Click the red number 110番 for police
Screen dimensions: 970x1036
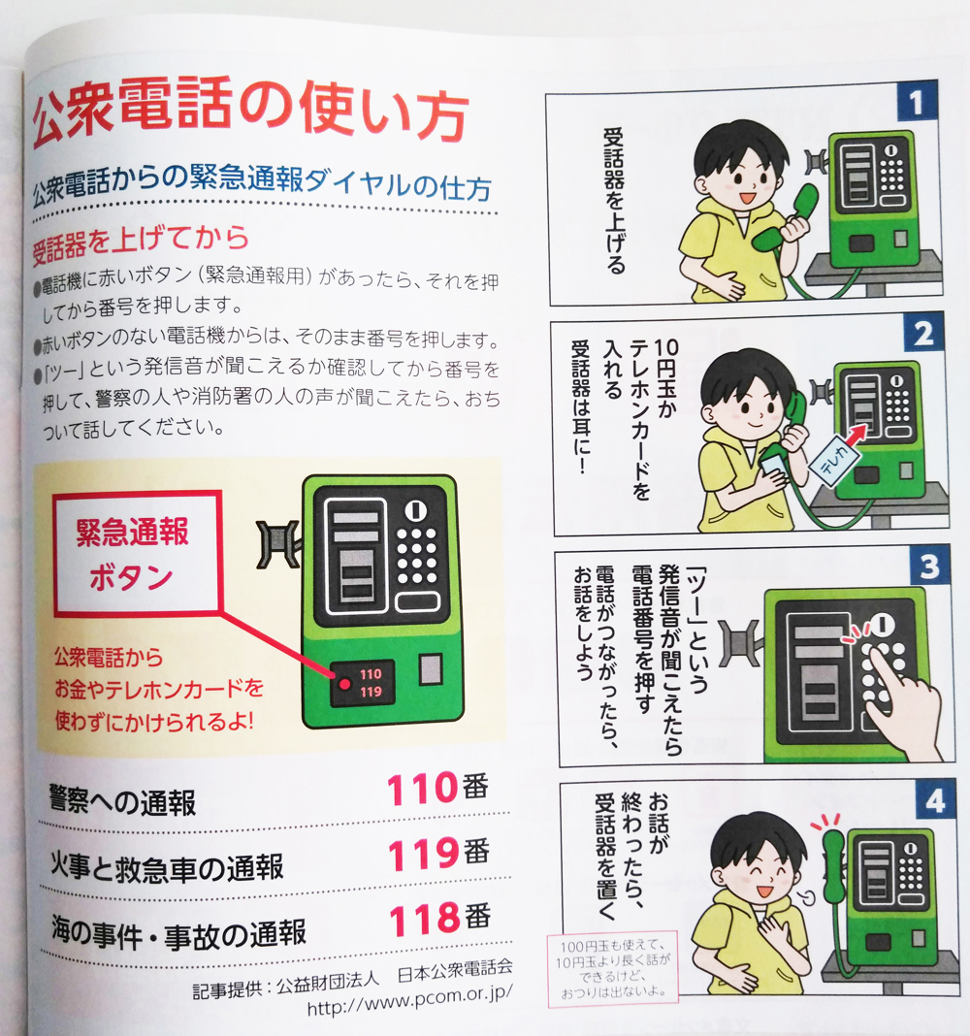[x=437, y=789]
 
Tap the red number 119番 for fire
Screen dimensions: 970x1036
[x=438, y=853]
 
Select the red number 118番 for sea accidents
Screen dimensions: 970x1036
[x=440, y=918]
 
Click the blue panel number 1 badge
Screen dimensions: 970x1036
[x=918, y=101]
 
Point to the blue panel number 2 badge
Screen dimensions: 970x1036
[x=923, y=333]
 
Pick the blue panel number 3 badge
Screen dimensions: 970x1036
[x=929, y=567]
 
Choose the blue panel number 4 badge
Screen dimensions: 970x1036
[x=935, y=800]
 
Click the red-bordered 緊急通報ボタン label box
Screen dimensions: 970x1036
[x=138, y=553]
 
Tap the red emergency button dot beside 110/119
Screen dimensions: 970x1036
[x=344, y=684]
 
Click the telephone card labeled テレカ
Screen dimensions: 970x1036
[x=834, y=461]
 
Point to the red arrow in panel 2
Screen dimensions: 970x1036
[x=857, y=434]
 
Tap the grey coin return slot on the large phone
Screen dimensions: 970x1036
[x=431, y=668]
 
